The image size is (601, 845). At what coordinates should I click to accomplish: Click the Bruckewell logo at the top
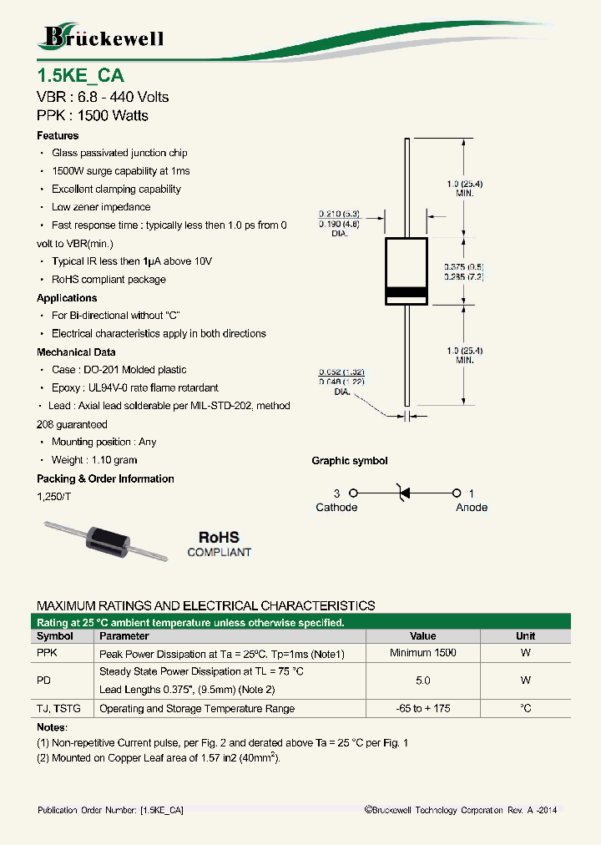101,37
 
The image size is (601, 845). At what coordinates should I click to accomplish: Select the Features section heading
58,135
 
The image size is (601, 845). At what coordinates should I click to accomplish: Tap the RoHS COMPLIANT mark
219,544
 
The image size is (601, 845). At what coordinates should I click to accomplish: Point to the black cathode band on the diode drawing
406,293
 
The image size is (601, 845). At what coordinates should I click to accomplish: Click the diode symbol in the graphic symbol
405,493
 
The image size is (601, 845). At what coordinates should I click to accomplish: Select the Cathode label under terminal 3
336,508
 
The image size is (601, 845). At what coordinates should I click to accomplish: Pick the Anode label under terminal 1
472,508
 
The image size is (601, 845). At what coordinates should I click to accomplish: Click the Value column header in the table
423,635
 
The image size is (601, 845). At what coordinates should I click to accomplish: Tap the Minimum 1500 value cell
423,653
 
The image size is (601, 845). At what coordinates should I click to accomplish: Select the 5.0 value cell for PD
423,681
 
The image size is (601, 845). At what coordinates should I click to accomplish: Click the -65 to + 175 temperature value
423,708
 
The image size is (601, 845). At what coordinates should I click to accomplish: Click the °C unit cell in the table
525,708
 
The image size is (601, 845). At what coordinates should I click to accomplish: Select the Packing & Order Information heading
105,478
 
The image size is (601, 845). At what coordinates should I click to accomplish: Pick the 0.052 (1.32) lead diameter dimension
342,372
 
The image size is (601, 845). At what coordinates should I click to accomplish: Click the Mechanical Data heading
76,352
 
